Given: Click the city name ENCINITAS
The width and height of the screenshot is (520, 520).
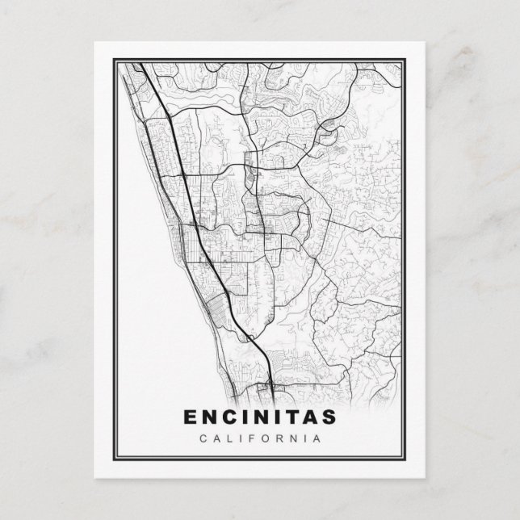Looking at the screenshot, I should (x=260, y=417).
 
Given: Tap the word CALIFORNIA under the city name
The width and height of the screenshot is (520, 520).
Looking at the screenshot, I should (x=260, y=438).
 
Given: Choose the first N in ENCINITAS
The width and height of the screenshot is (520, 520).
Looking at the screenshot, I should (x=209, y=417).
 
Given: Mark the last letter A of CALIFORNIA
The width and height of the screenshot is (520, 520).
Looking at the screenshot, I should (x=320, y=438).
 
